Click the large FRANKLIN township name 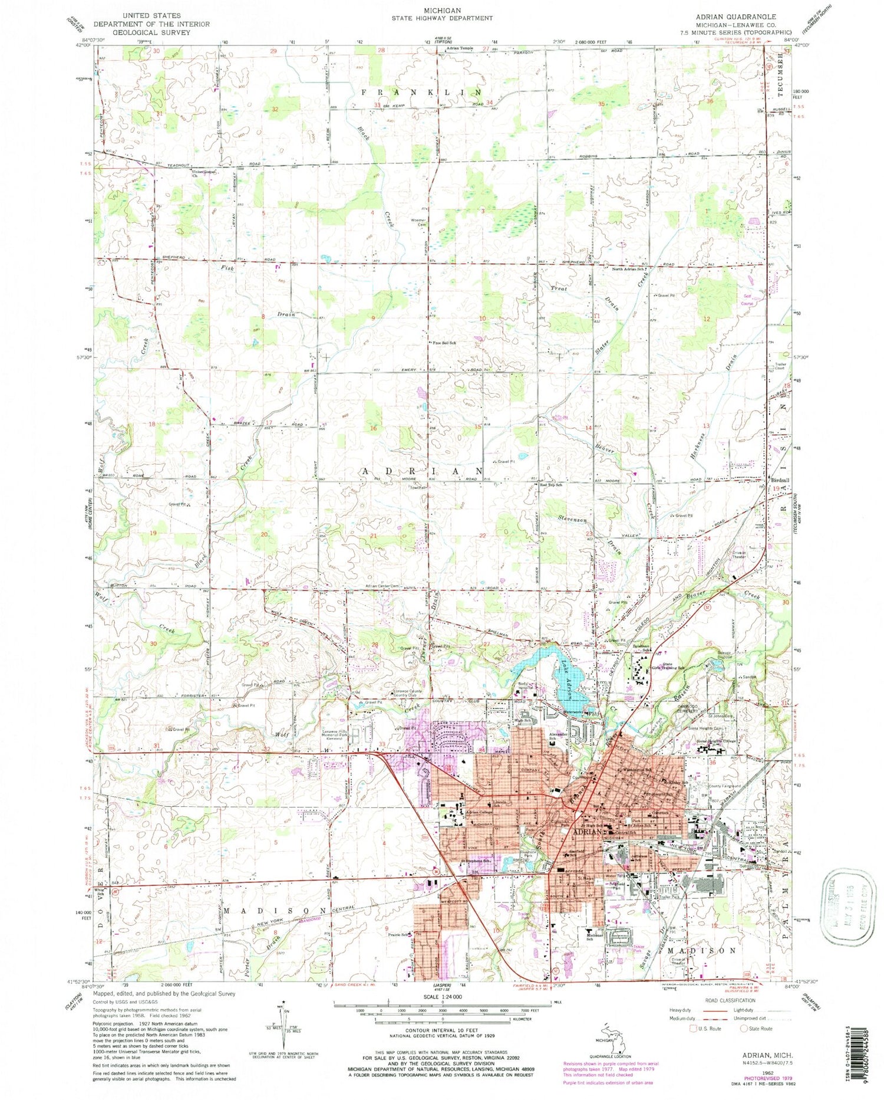click(422, 93)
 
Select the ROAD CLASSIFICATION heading click(730, 1000)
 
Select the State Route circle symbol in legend click(744, 1028)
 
